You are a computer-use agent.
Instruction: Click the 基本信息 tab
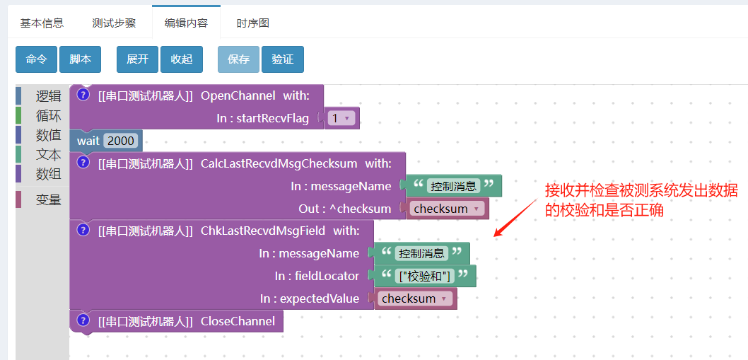42,23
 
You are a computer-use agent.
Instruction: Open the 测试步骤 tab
114,23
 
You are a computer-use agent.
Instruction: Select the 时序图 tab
253,23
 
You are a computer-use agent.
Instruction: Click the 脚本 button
80,59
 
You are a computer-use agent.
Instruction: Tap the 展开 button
137,59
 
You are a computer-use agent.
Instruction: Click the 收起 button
182,59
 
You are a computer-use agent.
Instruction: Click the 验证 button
282,59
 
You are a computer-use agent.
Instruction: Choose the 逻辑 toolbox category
48,96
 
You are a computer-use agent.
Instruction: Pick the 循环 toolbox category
48,115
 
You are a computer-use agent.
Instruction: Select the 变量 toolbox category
48,199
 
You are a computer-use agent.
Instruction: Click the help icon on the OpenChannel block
83,95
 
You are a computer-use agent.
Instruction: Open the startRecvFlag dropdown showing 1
342,118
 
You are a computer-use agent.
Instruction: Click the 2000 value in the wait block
121,140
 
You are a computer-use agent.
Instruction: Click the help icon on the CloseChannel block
83,320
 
